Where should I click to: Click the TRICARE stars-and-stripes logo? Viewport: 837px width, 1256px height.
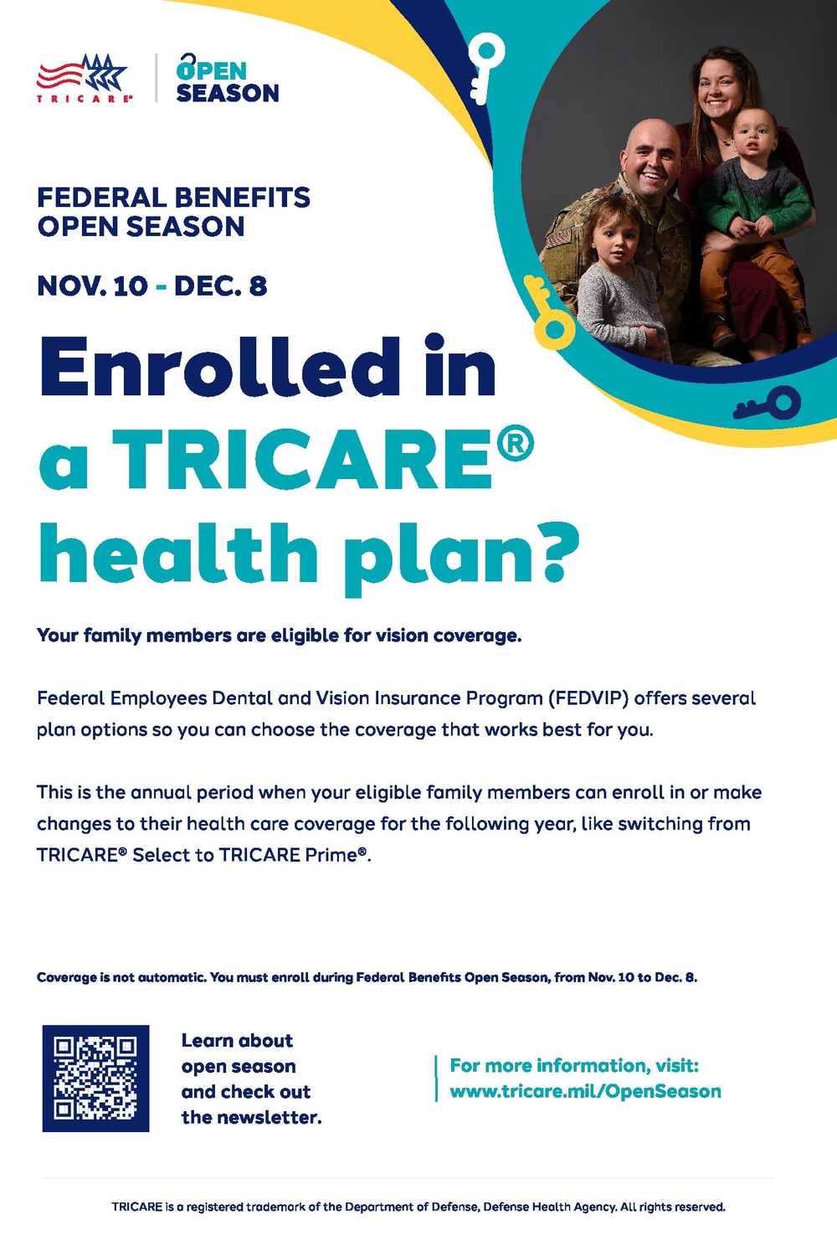(85, 78)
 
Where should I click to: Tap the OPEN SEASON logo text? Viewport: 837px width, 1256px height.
(227, 79)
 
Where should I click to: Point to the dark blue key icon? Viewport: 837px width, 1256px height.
(767, 403)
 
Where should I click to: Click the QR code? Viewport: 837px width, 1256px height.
(96, 1078)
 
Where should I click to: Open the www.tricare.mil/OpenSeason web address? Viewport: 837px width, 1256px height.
(585, 1091)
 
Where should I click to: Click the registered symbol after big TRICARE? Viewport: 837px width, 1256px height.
(516, 445)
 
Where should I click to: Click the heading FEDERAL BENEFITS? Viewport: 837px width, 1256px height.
(174, 198)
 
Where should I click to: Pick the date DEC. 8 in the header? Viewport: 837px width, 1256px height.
(220, 286)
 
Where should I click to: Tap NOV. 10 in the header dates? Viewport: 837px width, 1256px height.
(93, 286)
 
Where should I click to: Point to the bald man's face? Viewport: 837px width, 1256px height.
(652, 162)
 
